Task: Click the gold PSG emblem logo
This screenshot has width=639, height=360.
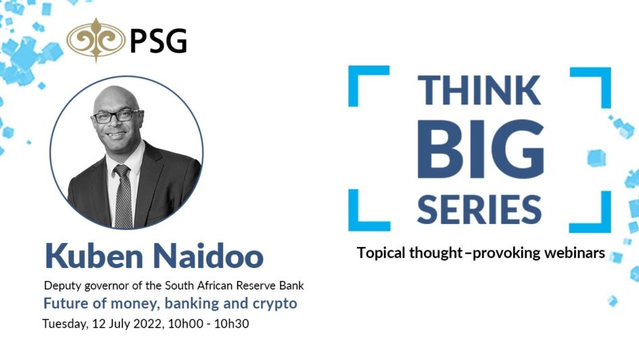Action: [96, 40]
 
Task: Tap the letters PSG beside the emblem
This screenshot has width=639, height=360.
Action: [158, 41]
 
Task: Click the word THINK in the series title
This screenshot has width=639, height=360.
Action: [479, 90]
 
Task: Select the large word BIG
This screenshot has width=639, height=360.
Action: [481, 150]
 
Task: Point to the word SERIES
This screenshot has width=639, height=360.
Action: [479, 209]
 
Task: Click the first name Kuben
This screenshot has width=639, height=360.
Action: [94, 256]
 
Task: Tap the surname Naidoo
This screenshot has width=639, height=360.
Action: [208, 256]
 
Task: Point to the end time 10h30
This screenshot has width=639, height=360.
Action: [231, 323]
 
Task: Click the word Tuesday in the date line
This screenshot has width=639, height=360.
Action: [65, 324]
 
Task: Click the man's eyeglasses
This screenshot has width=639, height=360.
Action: [116, 116]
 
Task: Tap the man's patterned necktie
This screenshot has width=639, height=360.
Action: [123, 196]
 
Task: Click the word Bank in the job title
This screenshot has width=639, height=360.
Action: [291, 286]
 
